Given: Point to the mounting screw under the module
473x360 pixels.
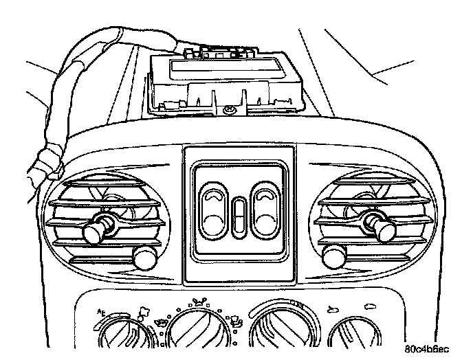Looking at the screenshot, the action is point(227,109).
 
